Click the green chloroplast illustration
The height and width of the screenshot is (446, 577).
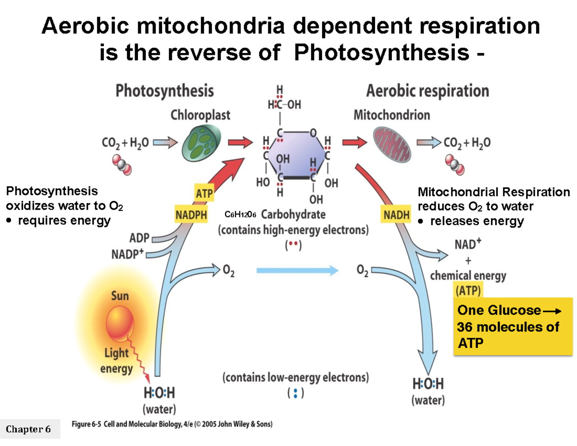pos(201,142)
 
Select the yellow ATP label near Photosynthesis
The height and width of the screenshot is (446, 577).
pos(204,194)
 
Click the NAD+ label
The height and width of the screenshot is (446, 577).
pos(467,244)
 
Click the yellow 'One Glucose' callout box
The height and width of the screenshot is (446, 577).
pos(513,326)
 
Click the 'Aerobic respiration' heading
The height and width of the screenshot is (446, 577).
pos(427,90)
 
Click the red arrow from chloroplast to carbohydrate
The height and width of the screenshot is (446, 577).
pos(239,142)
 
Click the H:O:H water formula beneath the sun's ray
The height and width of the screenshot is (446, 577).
pos(159,393)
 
